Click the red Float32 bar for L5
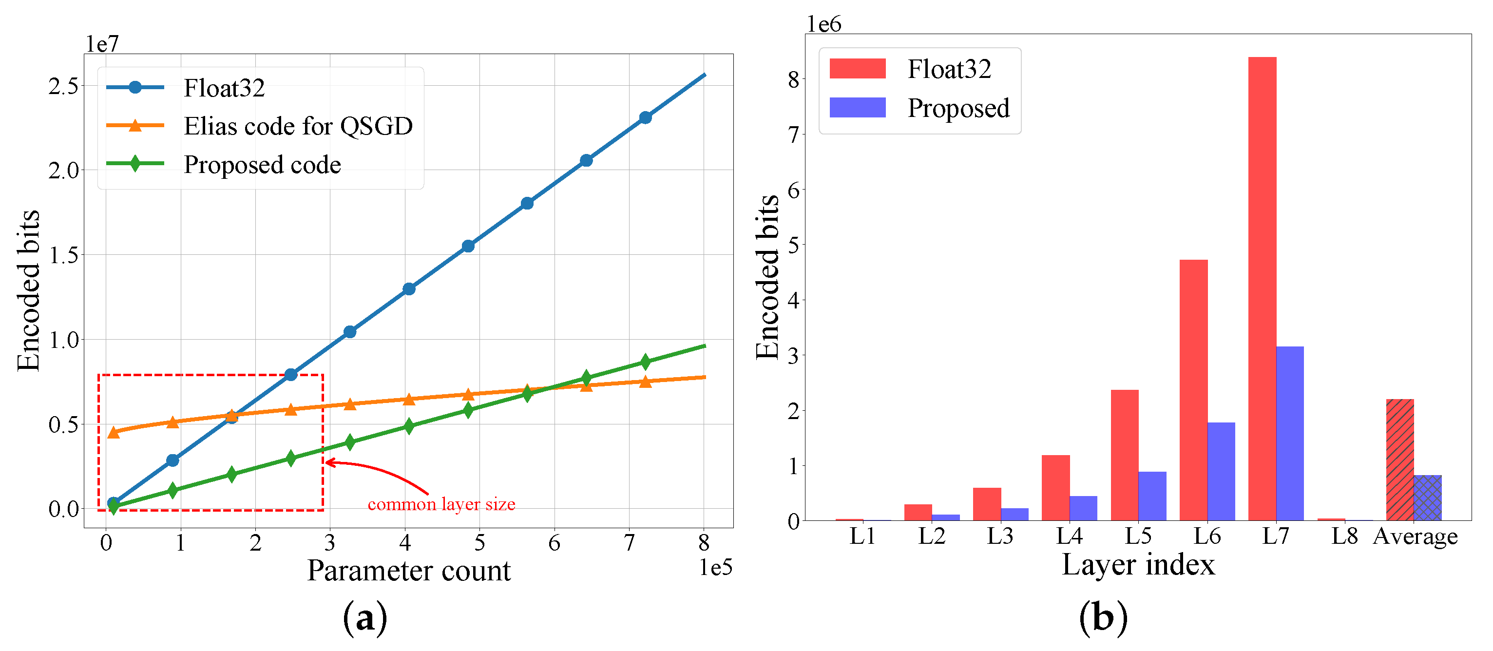(1125, 455)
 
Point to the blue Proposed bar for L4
(1083, 508)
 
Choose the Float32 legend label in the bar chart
(949, 69)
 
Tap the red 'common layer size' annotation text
(441, 504)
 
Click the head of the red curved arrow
(328, 462)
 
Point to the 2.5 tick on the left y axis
(63, 86)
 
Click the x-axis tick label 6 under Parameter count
(554, 543)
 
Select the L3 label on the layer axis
(1000, 536)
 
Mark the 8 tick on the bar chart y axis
(793, 79)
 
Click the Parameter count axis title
(409, 571)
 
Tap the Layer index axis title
(1138, 565)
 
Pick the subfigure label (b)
(1103, 618)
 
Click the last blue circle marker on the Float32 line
(645, 118)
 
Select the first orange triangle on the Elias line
(114, 432)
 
